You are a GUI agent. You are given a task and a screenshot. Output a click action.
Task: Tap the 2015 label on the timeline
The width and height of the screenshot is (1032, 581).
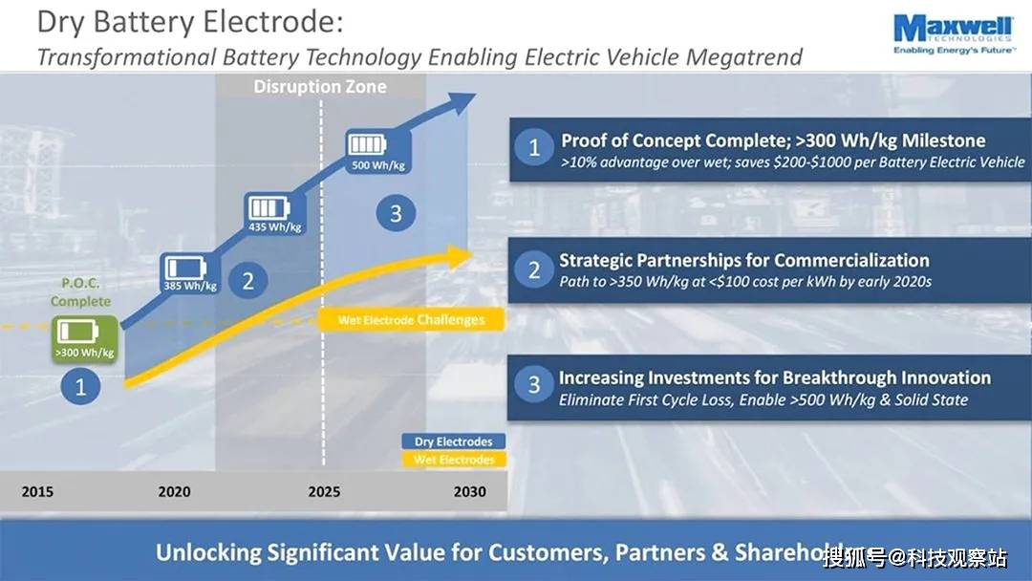pos(37,492)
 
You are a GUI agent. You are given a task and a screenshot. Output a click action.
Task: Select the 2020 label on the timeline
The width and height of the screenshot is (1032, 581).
pos(175,492)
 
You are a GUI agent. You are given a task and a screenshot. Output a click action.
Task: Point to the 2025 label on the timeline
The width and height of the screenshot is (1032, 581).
pos(323,492)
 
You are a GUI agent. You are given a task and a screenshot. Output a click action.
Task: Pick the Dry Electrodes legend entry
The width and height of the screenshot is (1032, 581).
pos(453,441)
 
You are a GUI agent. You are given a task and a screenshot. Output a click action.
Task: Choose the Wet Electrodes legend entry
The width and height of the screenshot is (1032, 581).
pos(453,460)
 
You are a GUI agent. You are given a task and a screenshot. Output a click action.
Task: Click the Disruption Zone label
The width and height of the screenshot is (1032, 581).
pos(319,87)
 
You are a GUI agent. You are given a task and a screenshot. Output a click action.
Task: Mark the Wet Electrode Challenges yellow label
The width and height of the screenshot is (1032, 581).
pos(412,320)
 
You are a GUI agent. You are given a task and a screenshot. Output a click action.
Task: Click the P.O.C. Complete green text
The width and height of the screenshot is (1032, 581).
pos(80,292)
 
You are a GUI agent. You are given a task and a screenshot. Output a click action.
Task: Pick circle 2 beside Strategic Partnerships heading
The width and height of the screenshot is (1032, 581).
pos(534,270)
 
